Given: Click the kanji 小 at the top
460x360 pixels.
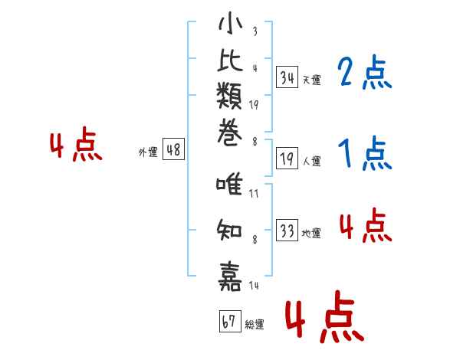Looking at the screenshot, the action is [230, 23].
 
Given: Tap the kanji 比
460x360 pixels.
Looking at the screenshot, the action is [230, 60].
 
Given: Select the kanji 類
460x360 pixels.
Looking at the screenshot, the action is [229, 96].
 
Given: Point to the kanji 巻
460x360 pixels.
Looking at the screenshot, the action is [230, 133].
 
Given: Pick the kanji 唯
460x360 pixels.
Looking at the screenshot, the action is [229, 184].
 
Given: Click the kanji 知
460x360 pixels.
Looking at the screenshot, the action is [229, 230].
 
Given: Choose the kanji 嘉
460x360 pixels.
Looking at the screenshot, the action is [230, 277].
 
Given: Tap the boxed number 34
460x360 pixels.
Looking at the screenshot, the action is [287, 77].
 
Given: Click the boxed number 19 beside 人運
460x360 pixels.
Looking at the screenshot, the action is [287, 159].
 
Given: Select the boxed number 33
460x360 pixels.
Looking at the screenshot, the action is [287, 230].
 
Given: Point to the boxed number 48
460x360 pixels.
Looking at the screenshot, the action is [174, 149].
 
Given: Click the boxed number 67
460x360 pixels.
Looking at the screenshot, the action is [230, 321].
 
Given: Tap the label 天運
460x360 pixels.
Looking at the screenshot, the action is [312, 80].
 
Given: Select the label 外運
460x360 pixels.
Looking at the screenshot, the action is [148, 152].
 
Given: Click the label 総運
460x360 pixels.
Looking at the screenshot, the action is [255, 324].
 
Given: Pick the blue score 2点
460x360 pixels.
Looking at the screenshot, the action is [365, 72].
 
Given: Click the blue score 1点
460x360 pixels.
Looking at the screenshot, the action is [365, 152].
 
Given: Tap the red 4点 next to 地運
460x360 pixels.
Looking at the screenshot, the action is [366, 225].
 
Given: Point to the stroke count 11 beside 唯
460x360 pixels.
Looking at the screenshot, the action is [254, 194].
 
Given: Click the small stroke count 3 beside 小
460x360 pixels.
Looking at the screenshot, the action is [255, 31].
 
